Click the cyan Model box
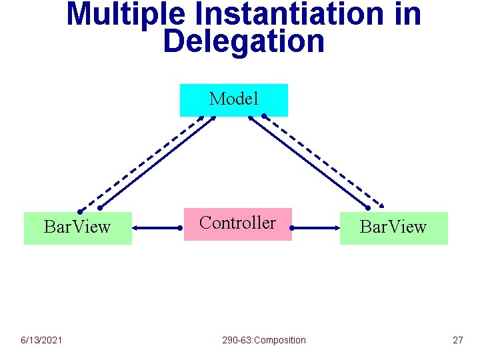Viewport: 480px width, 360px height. (233, 100)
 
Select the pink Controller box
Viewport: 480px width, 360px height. (237, 223)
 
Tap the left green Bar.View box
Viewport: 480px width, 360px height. (77, 228)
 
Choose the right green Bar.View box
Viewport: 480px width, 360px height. (393, 228)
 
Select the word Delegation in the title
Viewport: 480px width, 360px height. (243, 41)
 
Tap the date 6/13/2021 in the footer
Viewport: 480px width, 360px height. (41, 340)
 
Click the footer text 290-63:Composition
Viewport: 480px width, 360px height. (264, 340)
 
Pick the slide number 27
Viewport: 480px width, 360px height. (457, 340)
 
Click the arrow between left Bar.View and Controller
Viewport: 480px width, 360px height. (158, 228)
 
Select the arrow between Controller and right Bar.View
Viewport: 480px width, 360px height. (316, 228)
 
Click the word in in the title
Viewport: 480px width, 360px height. (407, 15)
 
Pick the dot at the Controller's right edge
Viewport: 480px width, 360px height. (292, 228)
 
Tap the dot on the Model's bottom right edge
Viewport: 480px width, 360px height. (264, 117)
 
